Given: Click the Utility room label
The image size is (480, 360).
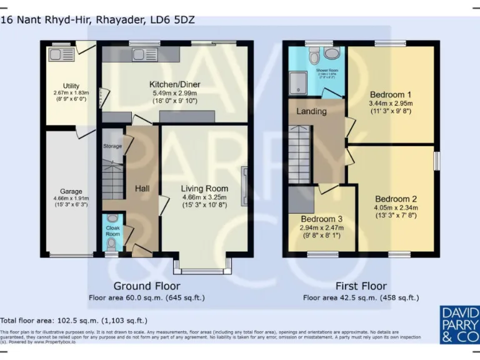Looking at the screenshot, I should point(71,86).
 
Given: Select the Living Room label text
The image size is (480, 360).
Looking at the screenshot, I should point(204,188).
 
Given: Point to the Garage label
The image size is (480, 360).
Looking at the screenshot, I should point(71,191).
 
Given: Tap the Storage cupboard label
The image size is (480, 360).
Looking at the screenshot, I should point(112,146).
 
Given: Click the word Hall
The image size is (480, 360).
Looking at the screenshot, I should point(142,188).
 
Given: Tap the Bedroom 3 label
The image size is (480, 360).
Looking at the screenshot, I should point(322,219).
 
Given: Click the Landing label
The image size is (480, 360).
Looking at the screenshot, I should point(311,111).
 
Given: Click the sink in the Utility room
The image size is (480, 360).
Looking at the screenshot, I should point(61,53).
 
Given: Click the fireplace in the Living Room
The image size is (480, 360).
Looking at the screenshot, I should point(245,184).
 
